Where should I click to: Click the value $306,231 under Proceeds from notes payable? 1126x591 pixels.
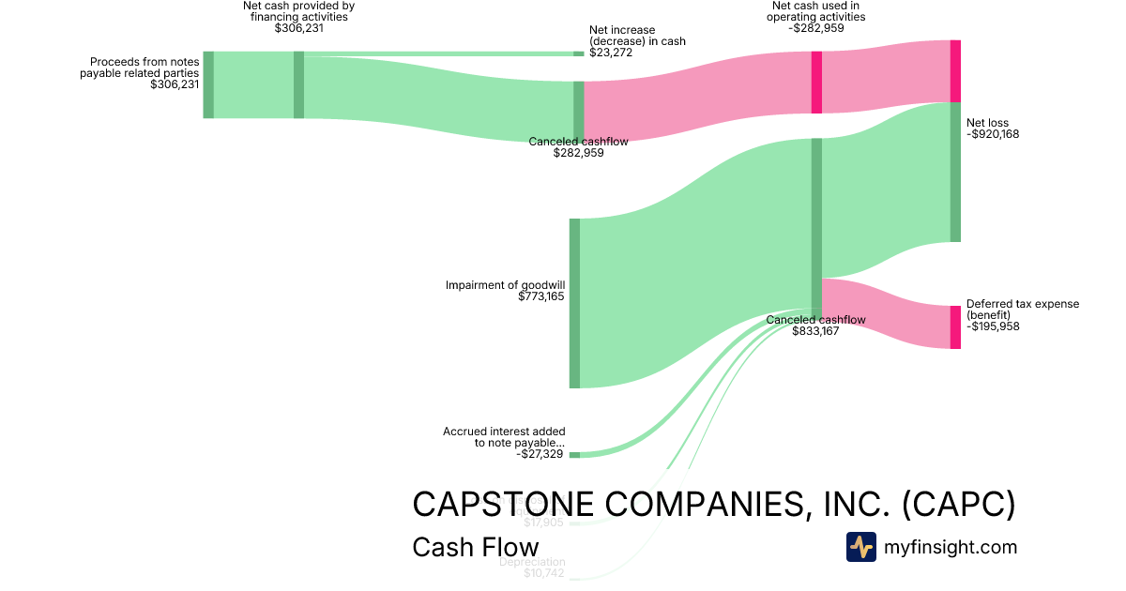(x=175, y=84)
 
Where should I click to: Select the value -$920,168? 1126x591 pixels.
(x=993, y=134)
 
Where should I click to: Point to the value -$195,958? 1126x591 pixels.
(x=993, y=326)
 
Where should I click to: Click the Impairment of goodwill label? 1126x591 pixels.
(x=505, y=285)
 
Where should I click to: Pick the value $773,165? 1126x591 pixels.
(x=541, y=296)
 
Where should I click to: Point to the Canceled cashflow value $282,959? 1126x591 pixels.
(x=579, y=153)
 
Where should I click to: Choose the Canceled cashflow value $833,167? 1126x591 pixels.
(x=815, y=331)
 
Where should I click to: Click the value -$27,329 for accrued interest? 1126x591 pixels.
(x=540, y=454)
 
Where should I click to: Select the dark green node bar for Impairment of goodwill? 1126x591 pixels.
(x=574, y=303)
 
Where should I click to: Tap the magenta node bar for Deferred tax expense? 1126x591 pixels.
(x=955, y=327)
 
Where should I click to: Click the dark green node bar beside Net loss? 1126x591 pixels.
(x=955, y=172)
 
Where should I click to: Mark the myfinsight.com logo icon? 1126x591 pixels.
(x=860, y=547)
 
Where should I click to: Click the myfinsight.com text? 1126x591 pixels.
(x=951, y=547)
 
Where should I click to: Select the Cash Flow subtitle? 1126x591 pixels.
(x=476, y=548)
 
